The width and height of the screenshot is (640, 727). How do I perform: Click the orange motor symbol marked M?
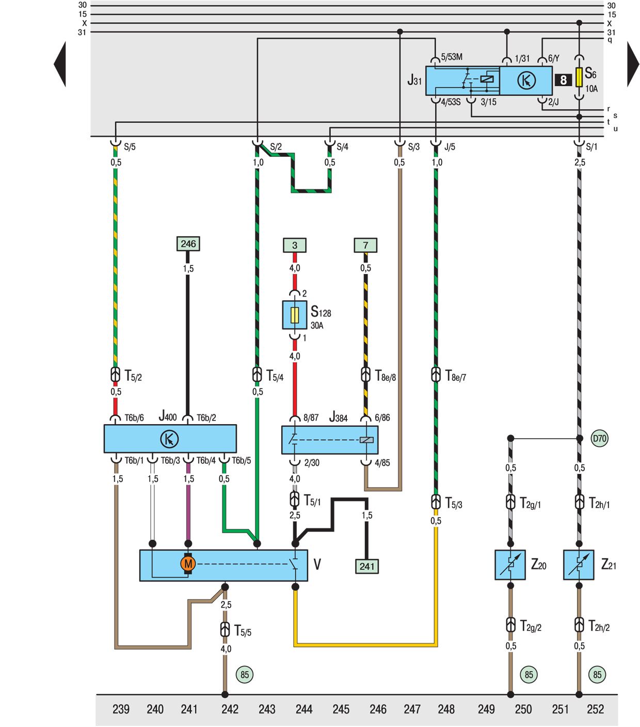(188, 564)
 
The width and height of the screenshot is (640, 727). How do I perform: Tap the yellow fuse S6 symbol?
(579, 76)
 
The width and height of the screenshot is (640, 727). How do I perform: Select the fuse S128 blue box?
(295, 315)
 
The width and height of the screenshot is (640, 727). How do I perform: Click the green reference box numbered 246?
(188, 244)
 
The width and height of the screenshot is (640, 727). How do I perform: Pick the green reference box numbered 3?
(295, 245)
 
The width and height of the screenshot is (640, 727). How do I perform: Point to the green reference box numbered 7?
(365, 245)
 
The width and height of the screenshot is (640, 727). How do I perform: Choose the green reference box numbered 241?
(367, 566)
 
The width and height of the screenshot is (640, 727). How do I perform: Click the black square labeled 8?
(563, 80)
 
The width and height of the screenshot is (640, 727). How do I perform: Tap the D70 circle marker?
(599, 439)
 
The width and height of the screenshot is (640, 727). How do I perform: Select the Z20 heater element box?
(510, 565)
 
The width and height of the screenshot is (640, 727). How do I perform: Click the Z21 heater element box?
(579, 565)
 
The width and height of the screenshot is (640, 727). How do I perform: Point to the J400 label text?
(168, 416)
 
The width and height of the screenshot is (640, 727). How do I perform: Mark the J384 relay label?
(339, 417)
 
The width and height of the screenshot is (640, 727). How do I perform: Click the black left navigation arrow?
(60, 64)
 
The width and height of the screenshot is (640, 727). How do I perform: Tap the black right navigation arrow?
(633, 64)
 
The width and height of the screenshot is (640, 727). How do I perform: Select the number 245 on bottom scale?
(341, 709)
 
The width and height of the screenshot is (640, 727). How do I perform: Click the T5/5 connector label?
(243, 631)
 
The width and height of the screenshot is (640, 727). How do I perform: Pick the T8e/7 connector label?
(455, 376)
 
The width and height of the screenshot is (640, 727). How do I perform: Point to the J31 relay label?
(414, 80)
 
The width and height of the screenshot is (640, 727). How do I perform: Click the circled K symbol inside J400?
(169, 439)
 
